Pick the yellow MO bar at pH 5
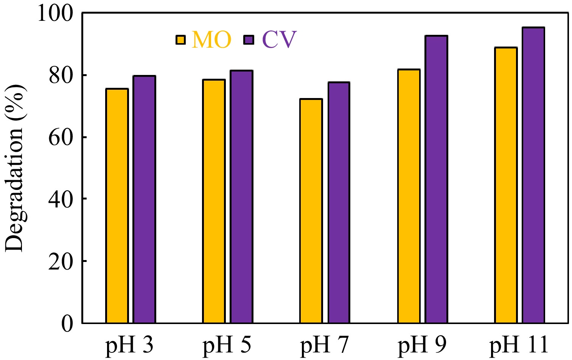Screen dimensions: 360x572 click(x=214, y=201)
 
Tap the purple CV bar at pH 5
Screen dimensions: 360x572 click(x=241, y=196)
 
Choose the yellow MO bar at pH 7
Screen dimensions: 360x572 click(x=311, y=211)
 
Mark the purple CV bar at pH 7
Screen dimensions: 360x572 click(x=339, y=203)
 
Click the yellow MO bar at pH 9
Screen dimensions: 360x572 click(x=409, y=196)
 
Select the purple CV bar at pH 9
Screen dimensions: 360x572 click(x=436, y=179)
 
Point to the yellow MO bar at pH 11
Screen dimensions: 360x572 click(x=506, y=185)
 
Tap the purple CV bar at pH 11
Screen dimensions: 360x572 click(x=533, y=175)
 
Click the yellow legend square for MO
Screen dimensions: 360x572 click(x=181, y=40)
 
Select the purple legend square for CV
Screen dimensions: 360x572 click(x=249, y=40)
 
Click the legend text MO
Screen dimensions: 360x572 click(x=211, y=40)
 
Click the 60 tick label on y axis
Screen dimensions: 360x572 click(x=61, y=137)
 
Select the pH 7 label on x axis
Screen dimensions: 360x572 click(x=325, y=346)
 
